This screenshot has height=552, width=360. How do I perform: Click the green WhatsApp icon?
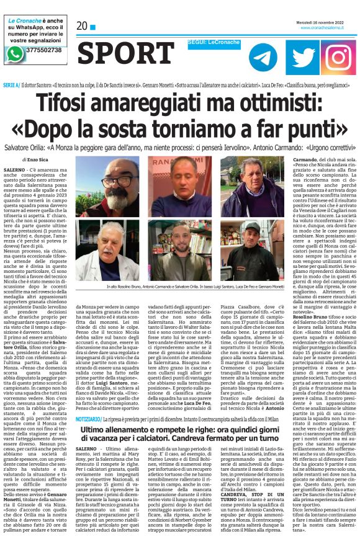(14, 53)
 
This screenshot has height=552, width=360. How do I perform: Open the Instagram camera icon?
(338, 57)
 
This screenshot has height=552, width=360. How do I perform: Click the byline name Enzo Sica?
(43, 160)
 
